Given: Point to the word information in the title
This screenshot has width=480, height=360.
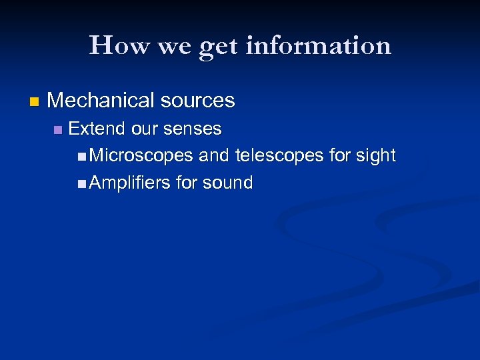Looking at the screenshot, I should point(318,45).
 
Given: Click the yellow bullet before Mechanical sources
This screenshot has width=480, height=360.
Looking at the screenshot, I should point(35,102).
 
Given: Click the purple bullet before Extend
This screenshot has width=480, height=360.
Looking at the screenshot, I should point(58,129).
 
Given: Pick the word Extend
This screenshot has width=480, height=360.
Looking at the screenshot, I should point(96,128).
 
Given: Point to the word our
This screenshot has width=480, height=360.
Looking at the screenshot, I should point(143,128).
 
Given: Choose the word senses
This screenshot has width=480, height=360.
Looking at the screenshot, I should point(192,128).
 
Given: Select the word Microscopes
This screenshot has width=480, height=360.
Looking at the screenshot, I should point(141,156).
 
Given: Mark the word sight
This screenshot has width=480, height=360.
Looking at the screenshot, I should point(378,156).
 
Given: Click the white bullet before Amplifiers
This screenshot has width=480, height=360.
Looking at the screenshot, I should point(81,183).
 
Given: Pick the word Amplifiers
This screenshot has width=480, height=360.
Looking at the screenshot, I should point(129,183).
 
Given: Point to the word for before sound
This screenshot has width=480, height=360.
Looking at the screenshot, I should point(189,183).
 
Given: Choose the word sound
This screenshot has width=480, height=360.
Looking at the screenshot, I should point(229,183).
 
